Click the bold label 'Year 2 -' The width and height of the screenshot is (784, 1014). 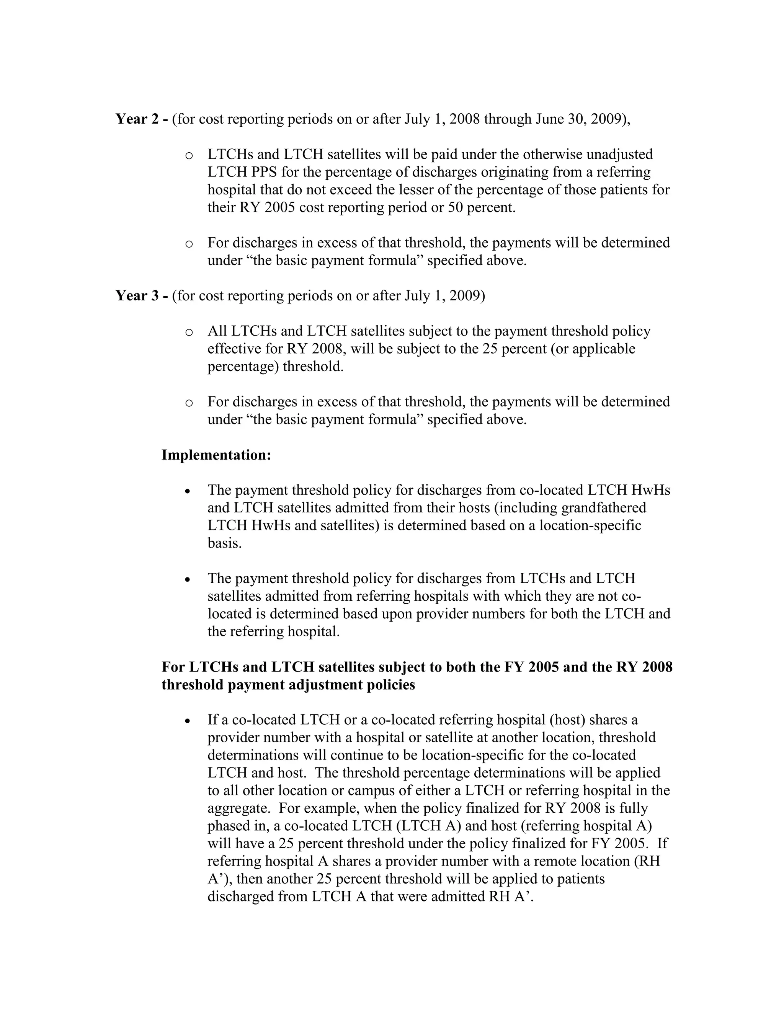pyautogui.click(x=142, y=119)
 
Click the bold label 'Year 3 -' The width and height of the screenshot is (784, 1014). pyautogui.click(x=142, y=296)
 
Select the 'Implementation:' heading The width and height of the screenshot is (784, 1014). pyautogui.click(x=216, y=455)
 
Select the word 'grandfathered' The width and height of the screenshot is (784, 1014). pyautogui.click(x=603, y=508)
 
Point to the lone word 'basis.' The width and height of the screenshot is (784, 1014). pyautogui.click(x=224, y=543)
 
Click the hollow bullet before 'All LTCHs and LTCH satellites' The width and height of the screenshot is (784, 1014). pyautogui.click(x=189, y=333)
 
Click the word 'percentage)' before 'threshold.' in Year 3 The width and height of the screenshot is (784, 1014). pyautogui.click(x=243, y=367)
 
